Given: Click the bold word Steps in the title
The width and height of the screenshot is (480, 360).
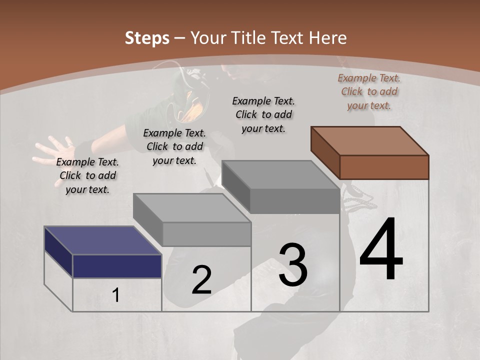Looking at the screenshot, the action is (x=147, y=38).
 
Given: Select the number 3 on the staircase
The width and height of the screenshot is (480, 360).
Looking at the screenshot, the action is (x=293, y=265).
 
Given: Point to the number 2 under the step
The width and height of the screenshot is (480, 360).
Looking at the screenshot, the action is (x=201, y=280).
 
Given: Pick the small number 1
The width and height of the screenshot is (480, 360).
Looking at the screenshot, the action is (x=116, y=295).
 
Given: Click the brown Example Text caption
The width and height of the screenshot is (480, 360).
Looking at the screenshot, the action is (x=369, y=91).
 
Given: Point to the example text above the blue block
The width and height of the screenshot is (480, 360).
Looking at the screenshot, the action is (x=87, y=175).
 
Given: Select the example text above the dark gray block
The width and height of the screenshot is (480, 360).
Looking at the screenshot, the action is (x=263, y=114).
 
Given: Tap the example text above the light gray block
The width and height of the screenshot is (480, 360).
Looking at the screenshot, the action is (x=174, y=146).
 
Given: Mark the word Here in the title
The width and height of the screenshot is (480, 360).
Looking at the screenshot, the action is (x=328, y=38).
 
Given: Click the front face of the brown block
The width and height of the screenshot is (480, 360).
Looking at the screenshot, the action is (x=384, y=167).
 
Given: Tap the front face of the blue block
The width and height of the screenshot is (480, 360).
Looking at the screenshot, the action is (x=117, y=266).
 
